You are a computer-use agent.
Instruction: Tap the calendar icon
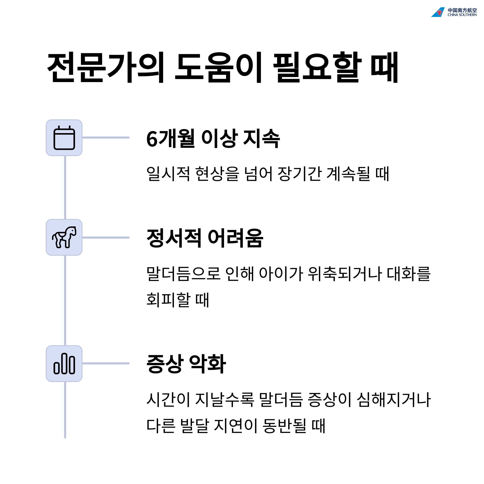pyautogui.click(x=64, y=138)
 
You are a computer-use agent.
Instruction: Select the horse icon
pyautogui.click(x=64, y=238)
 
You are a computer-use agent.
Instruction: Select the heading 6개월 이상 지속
pyautogui.click(x=213, y=138)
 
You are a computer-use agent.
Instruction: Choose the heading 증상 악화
pyautogui.click(x=186, y=364)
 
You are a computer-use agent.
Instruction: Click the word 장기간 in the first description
pyautogui.click(x=300, y=174)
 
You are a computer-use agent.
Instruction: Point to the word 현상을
pyautogui.click(x=217, y=174)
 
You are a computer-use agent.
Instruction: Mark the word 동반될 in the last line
pyautogui.click(x=284, y=426)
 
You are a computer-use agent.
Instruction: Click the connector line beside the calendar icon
pyautogui.click(x=106, y=138)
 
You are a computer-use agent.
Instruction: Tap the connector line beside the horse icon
pyautogui.click(x=106, y=238)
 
